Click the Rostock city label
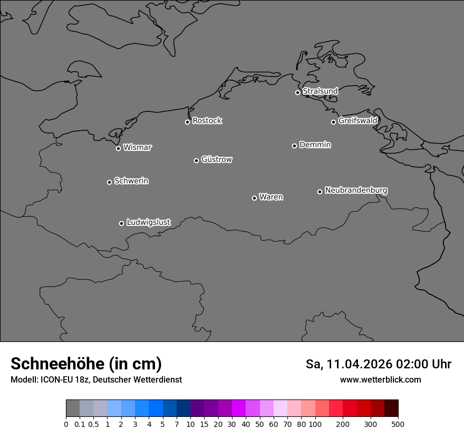coord(207,121)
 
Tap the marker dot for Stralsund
coord(297,92)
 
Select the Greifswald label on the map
coord(357,121)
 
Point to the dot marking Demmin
coord(294,146)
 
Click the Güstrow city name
coord(217,159)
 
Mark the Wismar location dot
coord(118,148)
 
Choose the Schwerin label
coord(131,181)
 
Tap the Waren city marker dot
coord(254,198)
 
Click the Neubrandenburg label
coord(356,190)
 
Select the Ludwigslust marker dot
coord(121,223)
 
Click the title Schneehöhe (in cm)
coord(86,364)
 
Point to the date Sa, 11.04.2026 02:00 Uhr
coord(379,364)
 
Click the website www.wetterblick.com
coord(380,380)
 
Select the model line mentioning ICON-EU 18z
coord(96,380)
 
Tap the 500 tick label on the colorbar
coord(398,424)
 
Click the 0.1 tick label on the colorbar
coord(80,424)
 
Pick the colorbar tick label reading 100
coord(315,424)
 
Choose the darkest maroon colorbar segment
coord(391,408)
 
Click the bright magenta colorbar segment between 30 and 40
coord(238,408)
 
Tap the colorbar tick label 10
coord(190,424)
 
